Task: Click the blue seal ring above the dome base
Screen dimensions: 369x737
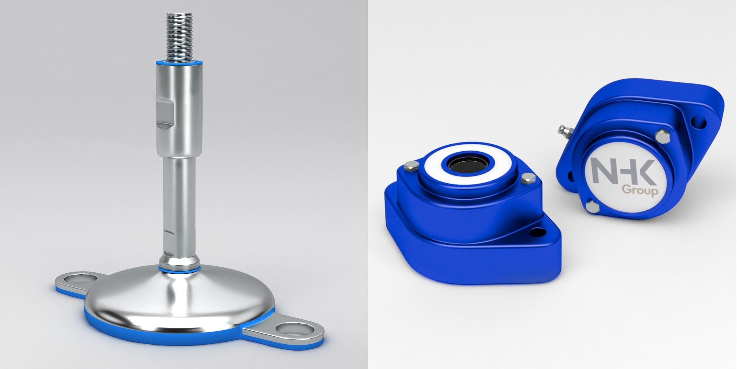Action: [x=179, y=268]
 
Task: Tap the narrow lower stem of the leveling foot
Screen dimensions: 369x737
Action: [x=179, y=207]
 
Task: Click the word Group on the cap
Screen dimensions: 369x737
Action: [x=640, y=190]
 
